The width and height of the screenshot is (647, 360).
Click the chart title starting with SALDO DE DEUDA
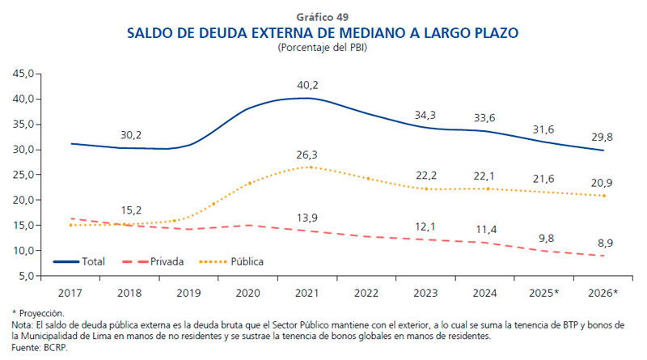[323, 33]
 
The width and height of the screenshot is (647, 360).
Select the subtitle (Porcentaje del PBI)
[323, 49]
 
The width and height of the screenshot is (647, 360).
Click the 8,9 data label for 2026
[604, 241]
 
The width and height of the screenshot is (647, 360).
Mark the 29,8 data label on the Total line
[604, 136]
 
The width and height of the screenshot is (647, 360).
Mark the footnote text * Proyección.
[38, 312]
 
